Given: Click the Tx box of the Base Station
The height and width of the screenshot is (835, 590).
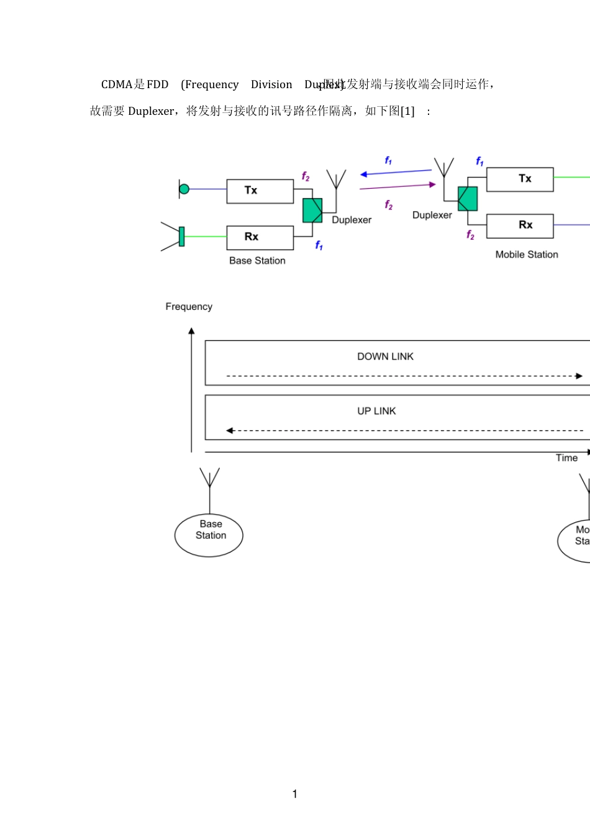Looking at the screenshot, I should (260, 191).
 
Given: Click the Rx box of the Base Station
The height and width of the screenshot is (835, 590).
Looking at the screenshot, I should (260, 237).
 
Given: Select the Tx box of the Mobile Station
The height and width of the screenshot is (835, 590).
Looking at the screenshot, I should (520, 179).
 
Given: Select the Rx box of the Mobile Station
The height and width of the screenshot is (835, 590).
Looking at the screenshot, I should (520, 226).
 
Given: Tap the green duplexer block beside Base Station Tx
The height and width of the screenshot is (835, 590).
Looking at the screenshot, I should (312, 210).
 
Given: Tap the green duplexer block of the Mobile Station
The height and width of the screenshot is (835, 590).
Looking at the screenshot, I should (468, 199).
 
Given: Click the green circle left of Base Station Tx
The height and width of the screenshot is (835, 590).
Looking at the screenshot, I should (184, 189).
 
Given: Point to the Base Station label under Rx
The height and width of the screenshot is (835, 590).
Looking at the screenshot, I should (257, 261).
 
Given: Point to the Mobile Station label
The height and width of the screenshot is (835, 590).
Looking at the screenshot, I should (527, 255).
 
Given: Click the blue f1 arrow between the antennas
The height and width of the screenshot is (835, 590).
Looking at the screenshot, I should (396, 172).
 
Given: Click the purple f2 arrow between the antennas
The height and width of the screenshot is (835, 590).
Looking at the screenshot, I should (397, 186).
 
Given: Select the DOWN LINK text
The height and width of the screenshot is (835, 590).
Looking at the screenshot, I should (385, 356).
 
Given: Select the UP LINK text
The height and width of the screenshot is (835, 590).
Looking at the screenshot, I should (376, 411).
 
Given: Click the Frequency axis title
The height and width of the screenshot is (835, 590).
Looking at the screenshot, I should (189, 307).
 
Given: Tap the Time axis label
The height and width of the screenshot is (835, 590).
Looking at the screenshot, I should (566, 458).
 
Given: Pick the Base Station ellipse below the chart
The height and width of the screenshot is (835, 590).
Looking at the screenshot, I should (209, 535).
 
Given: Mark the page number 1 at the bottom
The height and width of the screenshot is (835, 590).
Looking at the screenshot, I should (294, 794).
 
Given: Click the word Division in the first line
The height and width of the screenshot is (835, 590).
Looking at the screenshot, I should (271, 84).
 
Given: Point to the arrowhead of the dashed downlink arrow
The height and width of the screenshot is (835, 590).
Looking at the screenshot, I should (579, 376).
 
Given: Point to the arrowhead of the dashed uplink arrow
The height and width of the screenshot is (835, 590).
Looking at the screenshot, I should (230, 431).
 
